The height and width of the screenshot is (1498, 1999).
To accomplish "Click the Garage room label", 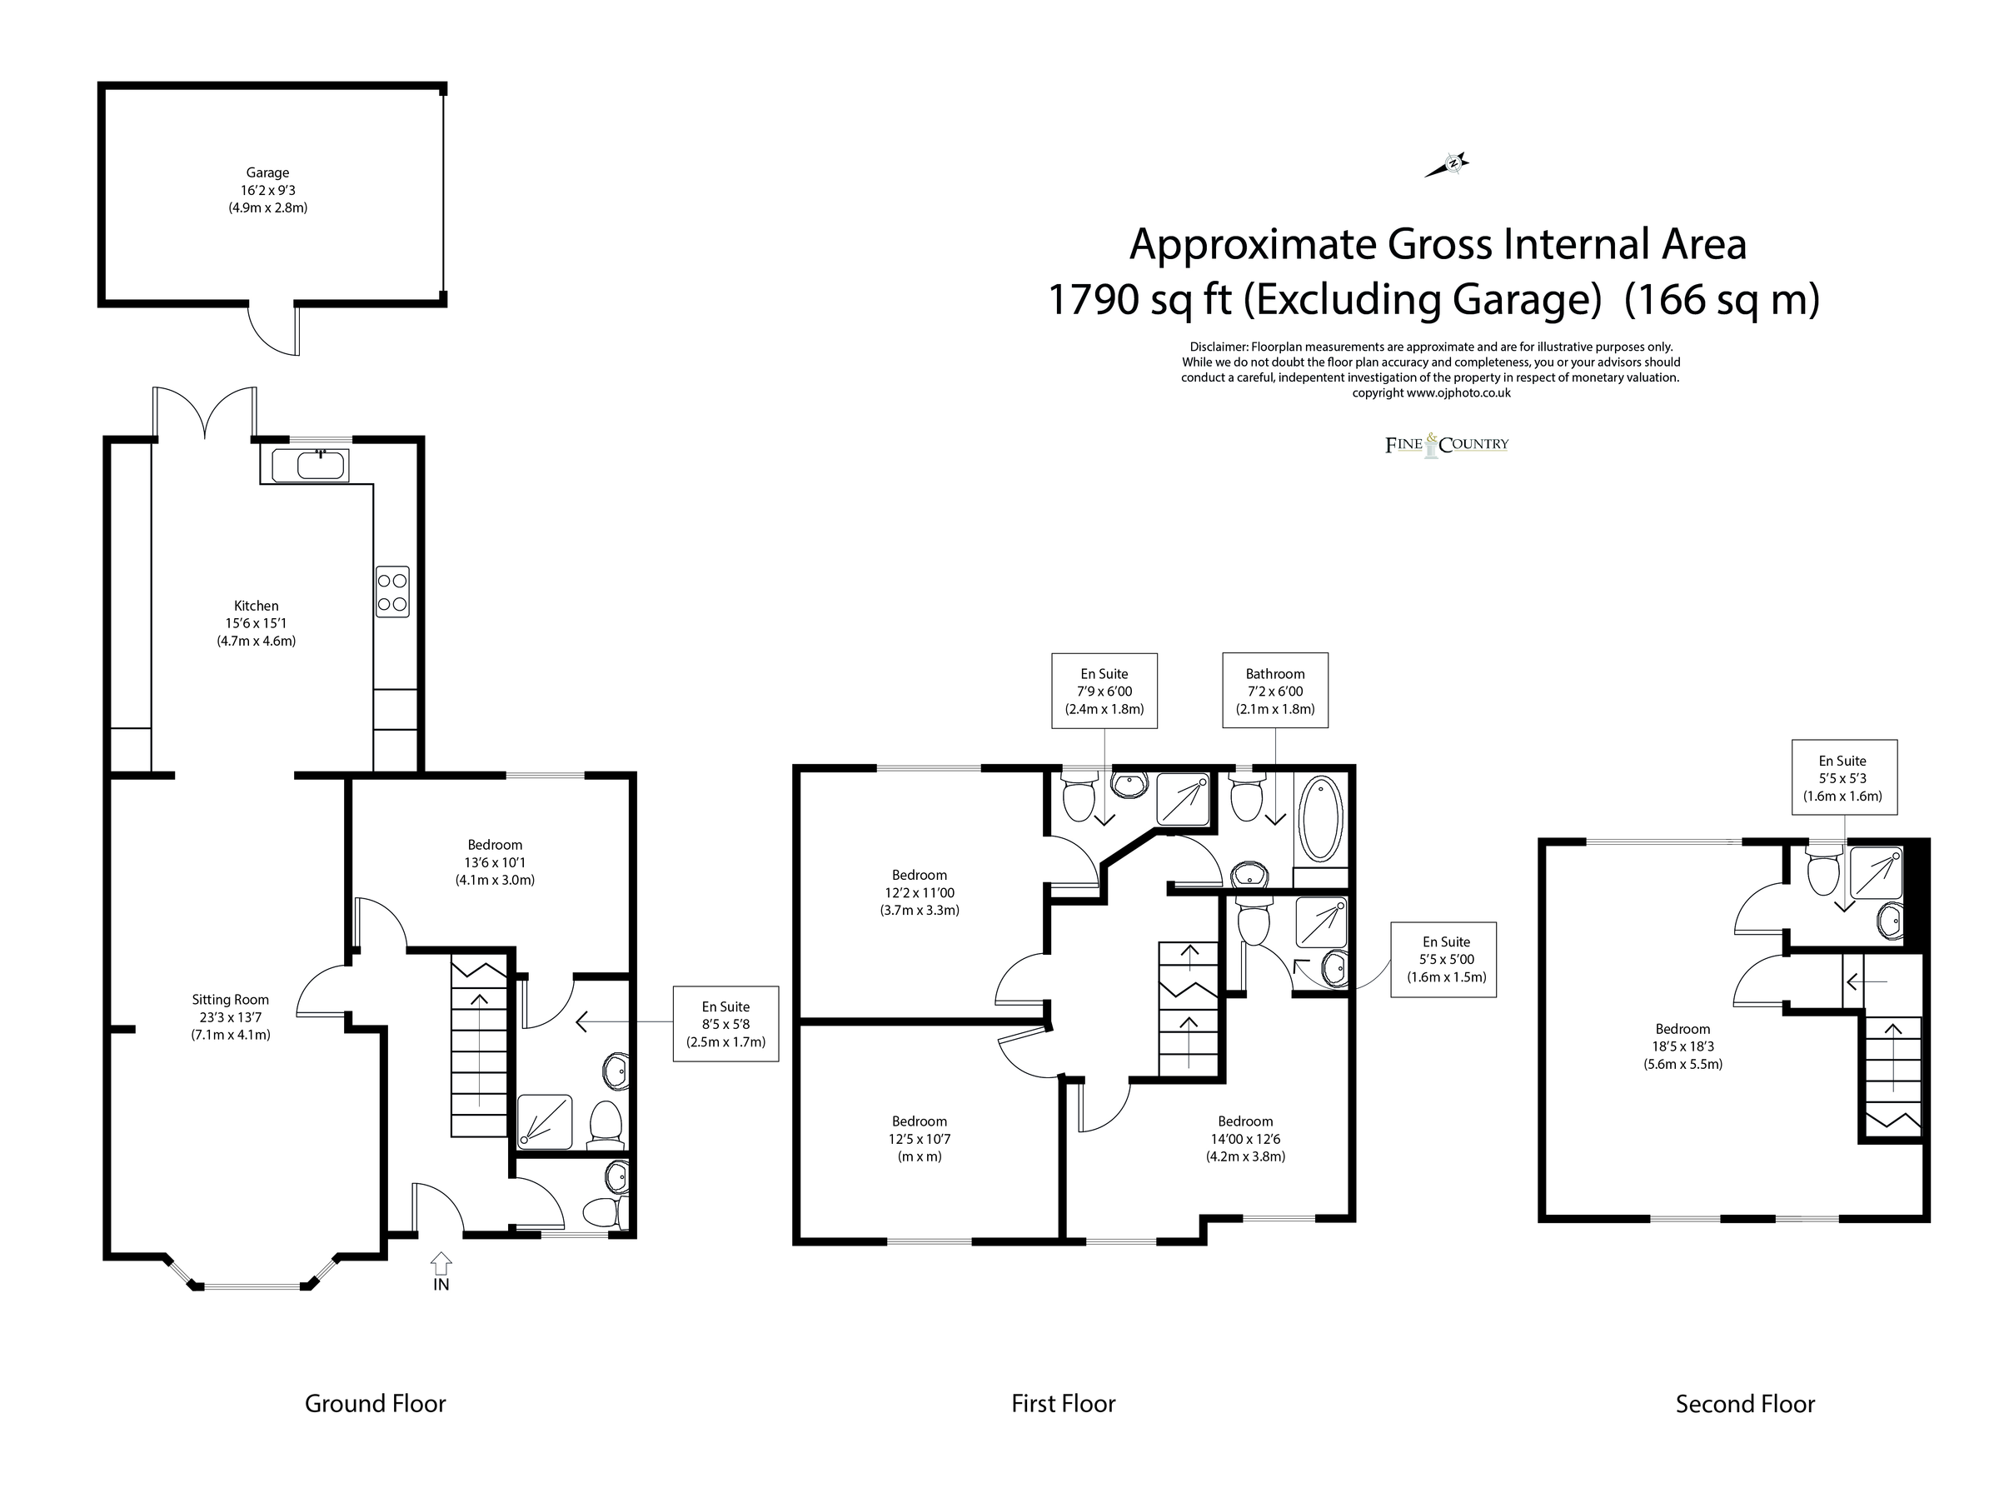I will coord(267,190).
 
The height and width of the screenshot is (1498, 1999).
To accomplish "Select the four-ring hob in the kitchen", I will coord(393,592).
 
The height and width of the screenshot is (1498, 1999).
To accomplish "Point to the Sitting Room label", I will coord(231,1017).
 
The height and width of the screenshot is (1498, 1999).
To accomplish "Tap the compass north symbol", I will coord(1448,164).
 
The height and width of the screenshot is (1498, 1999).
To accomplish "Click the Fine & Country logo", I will coord(1447,444).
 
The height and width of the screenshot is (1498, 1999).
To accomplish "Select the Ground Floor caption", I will coord(375,1403).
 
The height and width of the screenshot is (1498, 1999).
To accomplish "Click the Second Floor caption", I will coord(1745,1404).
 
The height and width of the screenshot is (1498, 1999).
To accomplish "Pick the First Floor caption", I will coord(1064,1403).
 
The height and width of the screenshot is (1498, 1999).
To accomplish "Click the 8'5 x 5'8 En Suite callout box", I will coord(725,1023).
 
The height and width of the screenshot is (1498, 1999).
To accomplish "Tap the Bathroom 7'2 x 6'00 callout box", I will coord(1275,691).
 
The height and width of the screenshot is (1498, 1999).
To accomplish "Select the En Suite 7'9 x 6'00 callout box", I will coord(1104,691).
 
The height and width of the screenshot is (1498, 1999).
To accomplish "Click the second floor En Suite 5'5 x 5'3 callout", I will coord(1842,778).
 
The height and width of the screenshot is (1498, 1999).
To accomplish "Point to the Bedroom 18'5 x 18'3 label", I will coord(1682,1046).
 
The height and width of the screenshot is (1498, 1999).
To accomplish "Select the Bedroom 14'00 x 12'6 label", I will coord(1245,1139).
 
